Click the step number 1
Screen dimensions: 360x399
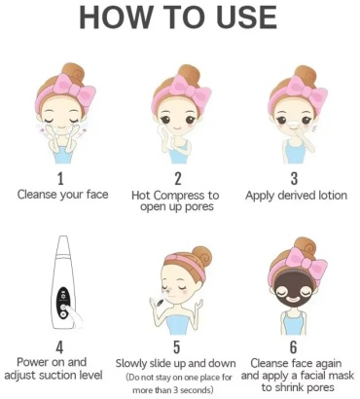[x=60, y=179]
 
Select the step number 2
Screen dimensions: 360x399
[x=177, y=179]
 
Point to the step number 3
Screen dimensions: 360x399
[x=294, y=179]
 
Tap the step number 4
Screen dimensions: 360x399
[x=59, y=347]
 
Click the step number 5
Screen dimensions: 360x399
[x=176, y=347]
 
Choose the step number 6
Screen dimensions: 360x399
[x=293, y=347]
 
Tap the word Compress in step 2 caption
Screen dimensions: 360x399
[x=180, y=196]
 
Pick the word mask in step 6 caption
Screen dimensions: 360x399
[x=342, y=376]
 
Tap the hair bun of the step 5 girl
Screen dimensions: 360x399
[x=201, y=256]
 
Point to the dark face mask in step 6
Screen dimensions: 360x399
[x=292, y=294]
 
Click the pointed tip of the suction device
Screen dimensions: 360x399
[x=64, y=237]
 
